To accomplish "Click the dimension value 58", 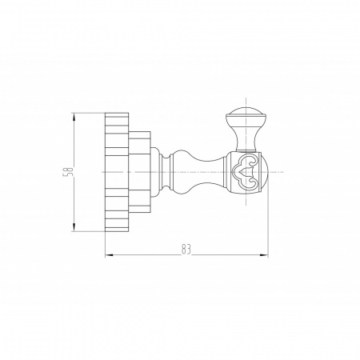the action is (67, 172).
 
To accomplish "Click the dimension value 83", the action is (186, 250).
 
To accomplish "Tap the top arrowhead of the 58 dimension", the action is (74, 117).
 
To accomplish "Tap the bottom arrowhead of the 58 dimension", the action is (74, 227).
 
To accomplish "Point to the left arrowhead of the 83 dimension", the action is (109, 255).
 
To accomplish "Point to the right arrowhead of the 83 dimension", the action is (264, 255).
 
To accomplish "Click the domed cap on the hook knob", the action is (246, 114).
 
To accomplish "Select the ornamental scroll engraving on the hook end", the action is (246, 172).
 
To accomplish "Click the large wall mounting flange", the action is (117, 172).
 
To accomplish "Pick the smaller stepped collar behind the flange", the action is (140, 172).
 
